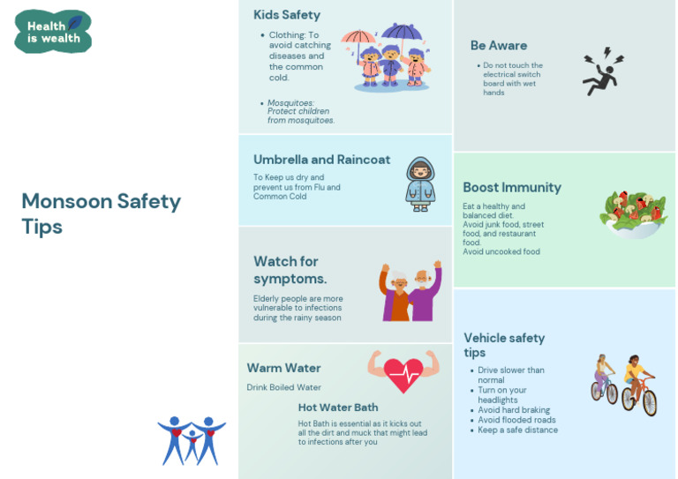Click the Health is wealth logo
pyautogui.click(x=53, y=32)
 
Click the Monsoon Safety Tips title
pyautogui.click(x=101, y=213)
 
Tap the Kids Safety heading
pyautogui.click(x=287, y=15)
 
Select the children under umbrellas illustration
pyautogui.click(x=387, y=58)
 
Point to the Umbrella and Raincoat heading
pyautogui.click(x=321, y=160)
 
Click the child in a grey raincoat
pyautogui.click(x=421, y=183)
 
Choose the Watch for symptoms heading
pyautogui.click(x=290, y=270)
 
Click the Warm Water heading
pyautogui.click(x=283, y=368)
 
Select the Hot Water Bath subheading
pyautogui.click(x=338, y=408)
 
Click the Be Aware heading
pyautogui.click(x=499, y=46)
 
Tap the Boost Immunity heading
pyautogui.click(x=512, y=187)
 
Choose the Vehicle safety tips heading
pyautogui.click(x=504, y=345)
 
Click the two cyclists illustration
pyautogui.click(x=623, y=384)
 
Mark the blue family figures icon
pyautogui.click(x=192, y=439)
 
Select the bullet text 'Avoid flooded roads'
pyautogui.click(x=516, y=420)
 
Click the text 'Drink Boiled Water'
pyautogui.click(x=283, y=387)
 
